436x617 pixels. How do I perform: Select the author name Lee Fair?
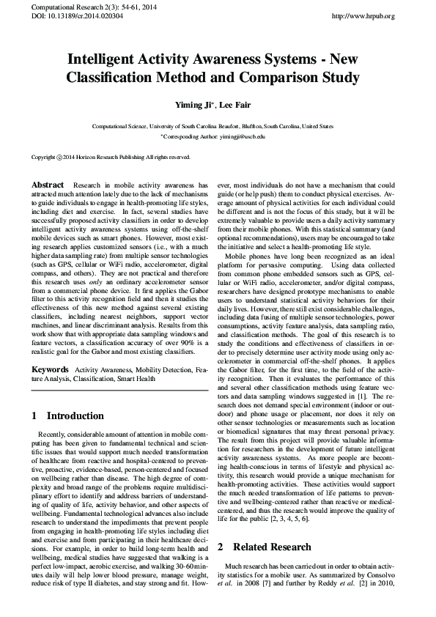pyautogui.click(x=235, y=105)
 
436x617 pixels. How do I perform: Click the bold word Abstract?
pyautogui.click(x=48, y=185)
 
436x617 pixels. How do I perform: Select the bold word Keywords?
pyautogui.click(x=51, y=372)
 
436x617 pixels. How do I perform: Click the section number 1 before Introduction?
pyautogui.click(x=35, y=415)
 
